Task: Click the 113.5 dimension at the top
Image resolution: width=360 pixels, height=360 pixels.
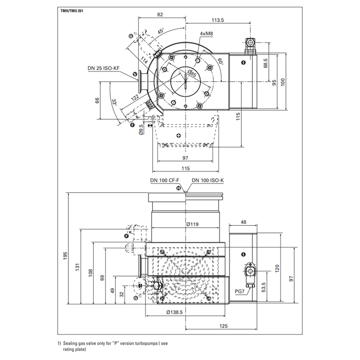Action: [218, 21]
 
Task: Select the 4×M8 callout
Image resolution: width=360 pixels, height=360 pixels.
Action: [207, 34]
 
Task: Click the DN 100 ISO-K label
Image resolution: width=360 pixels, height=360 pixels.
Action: [208, 180]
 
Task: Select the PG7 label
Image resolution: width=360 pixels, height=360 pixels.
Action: [239, 291]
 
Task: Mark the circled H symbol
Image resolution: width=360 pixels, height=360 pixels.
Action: [179, 189]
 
